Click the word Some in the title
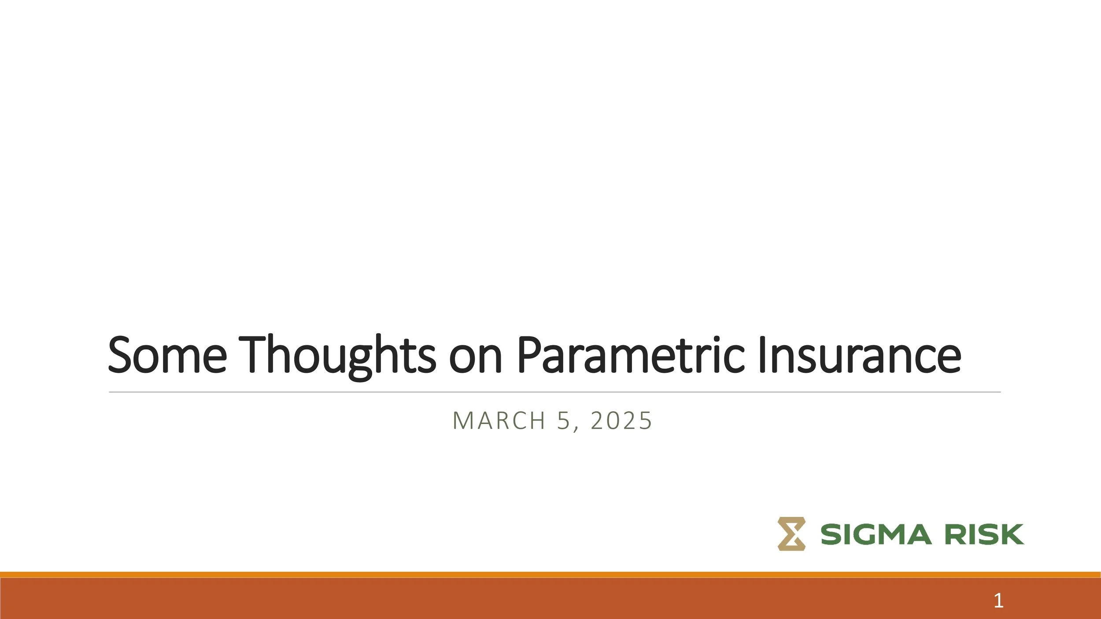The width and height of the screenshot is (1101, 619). coord(167,355)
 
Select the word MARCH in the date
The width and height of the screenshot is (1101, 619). coord(499,420)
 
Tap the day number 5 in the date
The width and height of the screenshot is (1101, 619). coord(563,420)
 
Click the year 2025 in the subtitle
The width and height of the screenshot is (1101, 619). coord(621,420)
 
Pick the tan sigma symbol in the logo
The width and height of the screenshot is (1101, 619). coord(791,534)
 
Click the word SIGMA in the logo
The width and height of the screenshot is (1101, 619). coord(876,534)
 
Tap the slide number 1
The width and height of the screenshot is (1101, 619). coord(998,601)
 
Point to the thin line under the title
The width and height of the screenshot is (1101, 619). coord(555,392)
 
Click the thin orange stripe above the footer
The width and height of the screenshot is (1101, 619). coord(550,575)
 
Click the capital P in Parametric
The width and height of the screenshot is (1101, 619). coord(528,354)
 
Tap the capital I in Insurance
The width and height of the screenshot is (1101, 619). coord(763,354)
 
